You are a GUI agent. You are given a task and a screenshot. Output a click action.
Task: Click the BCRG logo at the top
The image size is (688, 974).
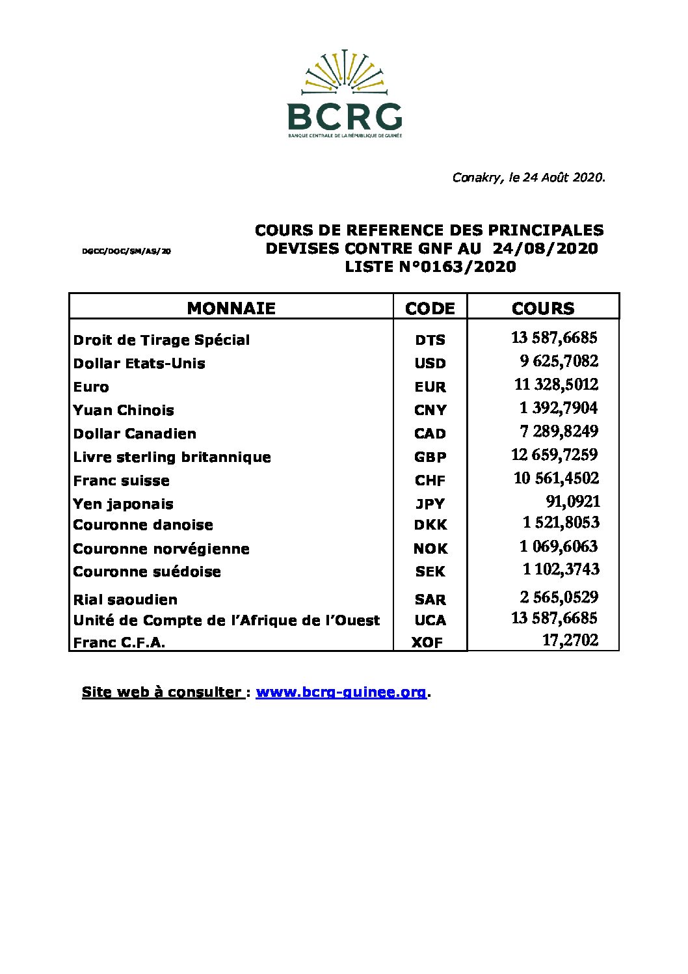tap(345, 94)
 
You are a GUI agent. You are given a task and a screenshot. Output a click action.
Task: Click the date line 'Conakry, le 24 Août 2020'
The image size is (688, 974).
tap(528, 178)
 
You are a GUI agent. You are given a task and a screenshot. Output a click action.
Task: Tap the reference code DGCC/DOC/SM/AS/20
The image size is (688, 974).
tap(127, 250)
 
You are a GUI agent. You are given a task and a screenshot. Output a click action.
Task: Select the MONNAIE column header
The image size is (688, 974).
tap(231, 308)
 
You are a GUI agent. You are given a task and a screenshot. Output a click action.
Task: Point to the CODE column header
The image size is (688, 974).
tap(430, 308)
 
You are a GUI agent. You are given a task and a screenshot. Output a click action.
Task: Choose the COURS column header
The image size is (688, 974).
tap(543, 308)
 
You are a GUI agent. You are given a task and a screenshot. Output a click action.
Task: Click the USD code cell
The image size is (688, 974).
tap(430, 364)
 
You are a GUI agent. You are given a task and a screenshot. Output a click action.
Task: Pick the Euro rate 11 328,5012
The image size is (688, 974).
tap(556, 385)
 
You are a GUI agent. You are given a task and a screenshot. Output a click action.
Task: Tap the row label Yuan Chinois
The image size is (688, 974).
tap(124, 411)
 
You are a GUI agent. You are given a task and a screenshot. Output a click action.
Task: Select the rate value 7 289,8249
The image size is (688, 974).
tap(559, 431)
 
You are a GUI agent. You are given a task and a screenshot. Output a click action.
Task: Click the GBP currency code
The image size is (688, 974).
tap(430, 457)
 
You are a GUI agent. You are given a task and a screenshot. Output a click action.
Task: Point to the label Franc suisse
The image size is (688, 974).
tap(121, 481)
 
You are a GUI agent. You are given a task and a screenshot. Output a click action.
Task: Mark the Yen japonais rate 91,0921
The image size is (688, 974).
tap(572, 502)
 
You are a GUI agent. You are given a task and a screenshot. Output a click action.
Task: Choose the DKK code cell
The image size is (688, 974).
tap(430, 525)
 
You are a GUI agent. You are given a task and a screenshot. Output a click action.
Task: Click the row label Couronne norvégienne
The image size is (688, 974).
tap(161, 549)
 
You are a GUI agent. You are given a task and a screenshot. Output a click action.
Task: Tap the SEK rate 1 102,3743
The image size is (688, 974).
tap(561, 569)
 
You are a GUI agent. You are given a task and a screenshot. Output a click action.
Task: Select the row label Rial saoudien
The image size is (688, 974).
tap(125, 600)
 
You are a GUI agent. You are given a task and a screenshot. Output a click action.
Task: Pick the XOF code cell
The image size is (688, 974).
tap(427, 643)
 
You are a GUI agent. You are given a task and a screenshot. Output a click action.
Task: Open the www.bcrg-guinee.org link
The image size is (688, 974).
tap(341, 692)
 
